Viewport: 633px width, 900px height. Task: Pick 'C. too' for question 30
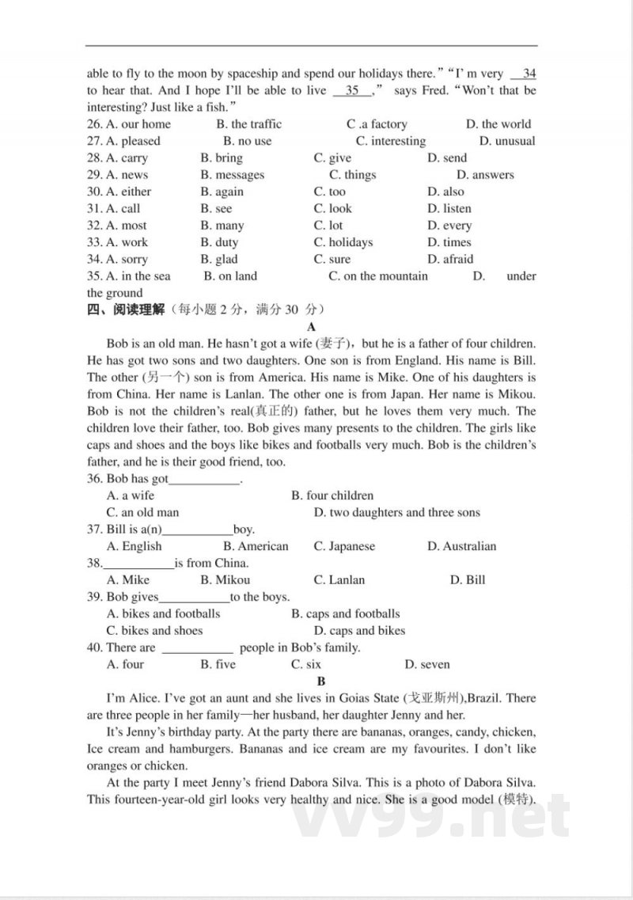329,192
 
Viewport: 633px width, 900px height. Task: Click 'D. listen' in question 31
449,208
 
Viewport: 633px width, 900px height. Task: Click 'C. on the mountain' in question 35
377,276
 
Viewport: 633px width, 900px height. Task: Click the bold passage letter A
311,326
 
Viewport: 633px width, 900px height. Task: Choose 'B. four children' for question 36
332,496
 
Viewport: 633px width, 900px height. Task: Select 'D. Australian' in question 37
461,546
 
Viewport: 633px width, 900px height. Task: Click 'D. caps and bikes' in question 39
358,631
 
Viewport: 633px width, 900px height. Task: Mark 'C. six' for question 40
305,664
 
